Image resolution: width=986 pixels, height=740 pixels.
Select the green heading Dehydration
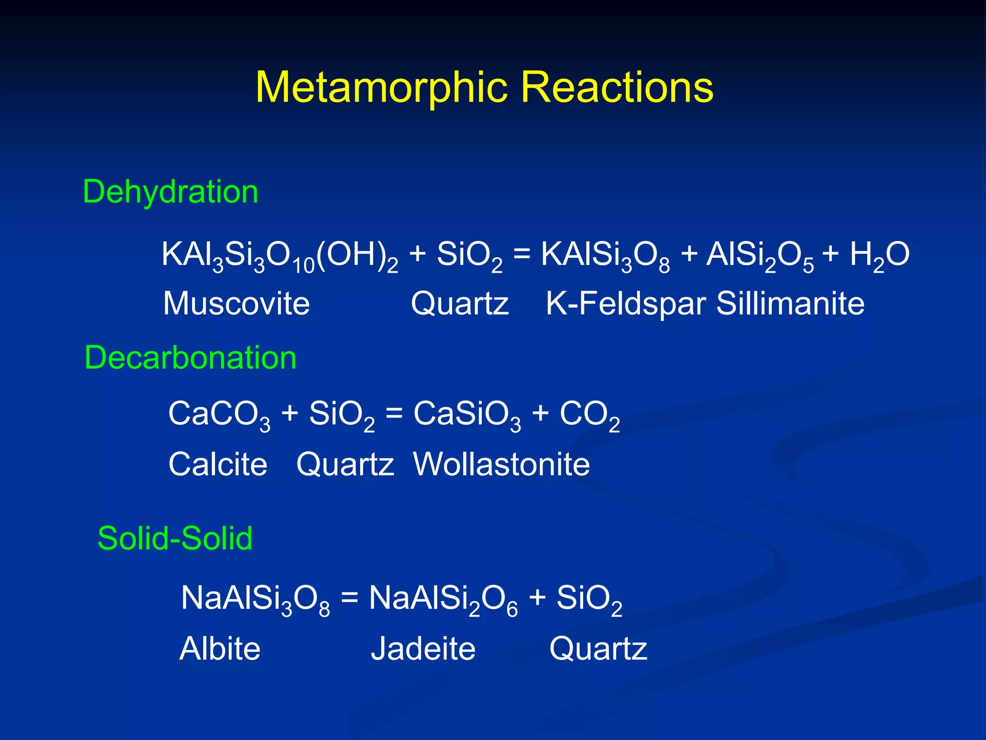(170, 192)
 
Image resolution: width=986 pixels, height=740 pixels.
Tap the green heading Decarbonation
(190, 358)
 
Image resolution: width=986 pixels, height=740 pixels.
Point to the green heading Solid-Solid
(175, 538)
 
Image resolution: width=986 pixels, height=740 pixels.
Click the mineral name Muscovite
(236, 304)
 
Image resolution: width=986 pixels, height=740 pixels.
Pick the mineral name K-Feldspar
(626, 304)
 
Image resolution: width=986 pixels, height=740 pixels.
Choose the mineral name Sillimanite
(790, 304)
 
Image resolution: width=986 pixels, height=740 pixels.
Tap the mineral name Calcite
(218, 464)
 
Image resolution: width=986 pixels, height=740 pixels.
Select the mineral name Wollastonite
(501, 464)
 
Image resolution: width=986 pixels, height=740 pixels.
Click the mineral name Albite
(220, 648)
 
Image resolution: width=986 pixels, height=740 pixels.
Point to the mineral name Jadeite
(423, 648)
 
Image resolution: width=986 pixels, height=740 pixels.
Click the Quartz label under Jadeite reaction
(598, 648)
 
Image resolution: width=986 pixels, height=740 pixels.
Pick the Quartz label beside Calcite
(345, 464)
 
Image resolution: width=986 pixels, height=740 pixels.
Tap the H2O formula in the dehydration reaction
(879, 255)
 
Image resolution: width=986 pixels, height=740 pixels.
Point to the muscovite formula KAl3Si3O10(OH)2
(280, 255)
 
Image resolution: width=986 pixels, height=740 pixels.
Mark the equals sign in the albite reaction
(350, 598)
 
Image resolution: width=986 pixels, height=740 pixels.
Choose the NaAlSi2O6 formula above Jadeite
(443, 599)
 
